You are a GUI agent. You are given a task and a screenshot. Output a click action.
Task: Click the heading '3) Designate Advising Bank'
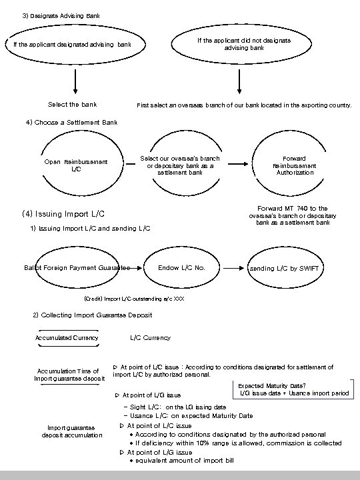point(63,15)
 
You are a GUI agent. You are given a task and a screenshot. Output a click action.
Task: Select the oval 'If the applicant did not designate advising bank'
point(243,44)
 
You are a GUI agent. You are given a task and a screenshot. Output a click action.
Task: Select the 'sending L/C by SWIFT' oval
point(285,268)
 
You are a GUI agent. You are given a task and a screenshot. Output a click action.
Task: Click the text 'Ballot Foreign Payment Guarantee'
point(76,268)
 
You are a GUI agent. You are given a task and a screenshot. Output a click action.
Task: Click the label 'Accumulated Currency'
point(67,337)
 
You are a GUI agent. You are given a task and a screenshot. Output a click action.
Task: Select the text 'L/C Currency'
point(150,337)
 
